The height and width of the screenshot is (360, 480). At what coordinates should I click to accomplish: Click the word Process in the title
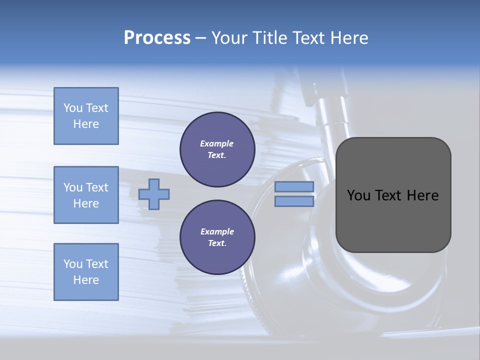pyautogui.click(x=157, y=38)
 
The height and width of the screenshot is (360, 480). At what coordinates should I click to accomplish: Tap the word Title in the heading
pyautogui.click(x=270, y=38)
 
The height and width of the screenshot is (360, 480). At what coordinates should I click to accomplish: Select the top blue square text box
pyautogui.click(x=86, y=116)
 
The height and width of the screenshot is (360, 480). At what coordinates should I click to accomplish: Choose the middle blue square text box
pyautogui.click(x=86, y=195)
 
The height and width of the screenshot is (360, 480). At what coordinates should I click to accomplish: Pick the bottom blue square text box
pyautogui.click(x=86, y=272)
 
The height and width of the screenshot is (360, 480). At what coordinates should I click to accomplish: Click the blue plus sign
pyautogui.click(x=154, y=194)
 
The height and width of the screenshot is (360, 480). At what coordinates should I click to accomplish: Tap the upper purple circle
pyautogui.click(x=217, y=149)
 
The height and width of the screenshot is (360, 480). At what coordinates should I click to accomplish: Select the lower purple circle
pyautogui.click(x=217, y=237)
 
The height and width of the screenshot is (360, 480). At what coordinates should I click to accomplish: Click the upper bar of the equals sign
pyautogui.click(x=294, y=186)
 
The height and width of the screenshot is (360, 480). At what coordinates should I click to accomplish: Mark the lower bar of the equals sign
pyautogui.click(x=294, y=201)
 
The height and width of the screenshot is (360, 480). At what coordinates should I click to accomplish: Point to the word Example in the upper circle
pyautogui.click(x=217, y=143)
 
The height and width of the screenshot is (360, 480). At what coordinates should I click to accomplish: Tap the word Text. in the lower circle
pyautogui.click(x=217, y=243)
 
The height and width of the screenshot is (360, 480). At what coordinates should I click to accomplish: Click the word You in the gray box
pyautogui.click(x=358, y=195)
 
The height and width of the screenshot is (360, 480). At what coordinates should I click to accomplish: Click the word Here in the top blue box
pyautogui.click(x=86, y=124)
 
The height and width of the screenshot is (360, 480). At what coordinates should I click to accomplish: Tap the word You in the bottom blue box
pyautogui.click(x=73, y=264)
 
